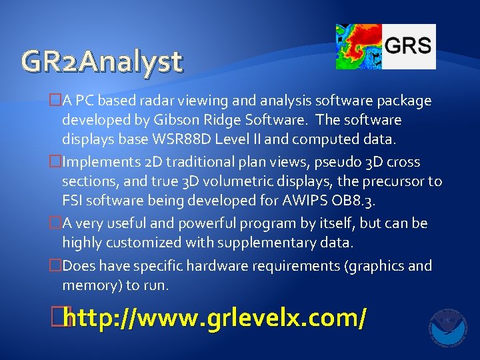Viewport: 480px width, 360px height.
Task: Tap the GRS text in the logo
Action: point(408,46)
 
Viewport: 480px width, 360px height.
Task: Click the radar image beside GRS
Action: point(358,47)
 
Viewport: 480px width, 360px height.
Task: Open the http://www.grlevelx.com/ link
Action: point(216,319)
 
